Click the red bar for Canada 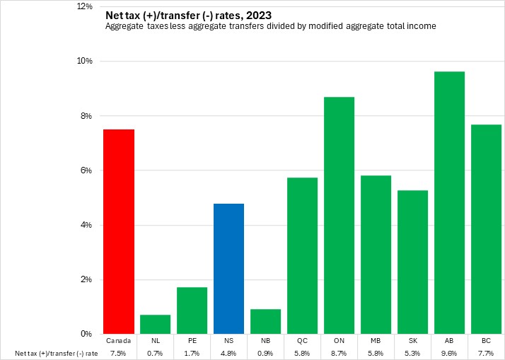click(119, 231)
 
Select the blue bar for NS click(229, 269)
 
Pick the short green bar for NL click(156, 324)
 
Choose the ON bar click(339, 215)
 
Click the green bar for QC click(303, 255)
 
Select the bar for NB click(266, 321)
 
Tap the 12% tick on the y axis click(85, 6)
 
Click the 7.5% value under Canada click(119, 353)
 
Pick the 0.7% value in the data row click(156, 353)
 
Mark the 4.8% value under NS click(229, 353)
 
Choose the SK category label click(413, 341)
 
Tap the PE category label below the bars click(192, 341)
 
